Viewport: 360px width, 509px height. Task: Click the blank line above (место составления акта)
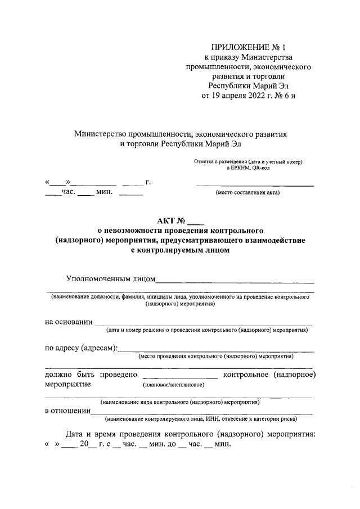[x=255, y=185]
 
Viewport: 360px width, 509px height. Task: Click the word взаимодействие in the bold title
[x=276, y=241]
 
